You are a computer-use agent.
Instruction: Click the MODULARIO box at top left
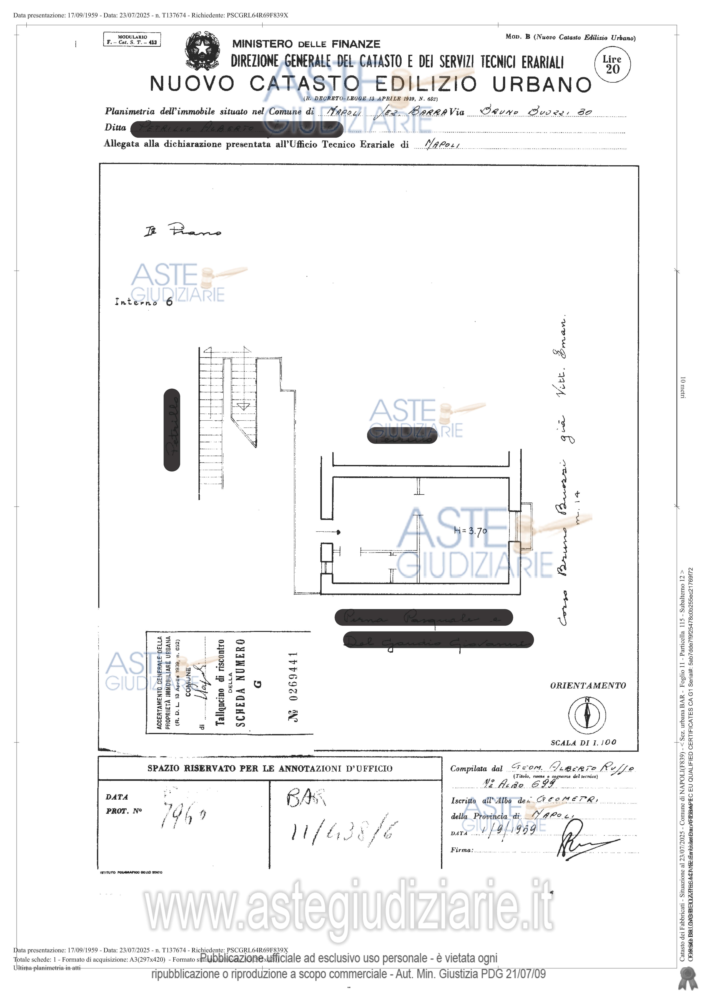pos(132,40)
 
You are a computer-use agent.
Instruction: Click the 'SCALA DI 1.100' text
pos(583,742)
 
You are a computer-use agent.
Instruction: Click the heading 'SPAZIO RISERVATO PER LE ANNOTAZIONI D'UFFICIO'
pos(270,768)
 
